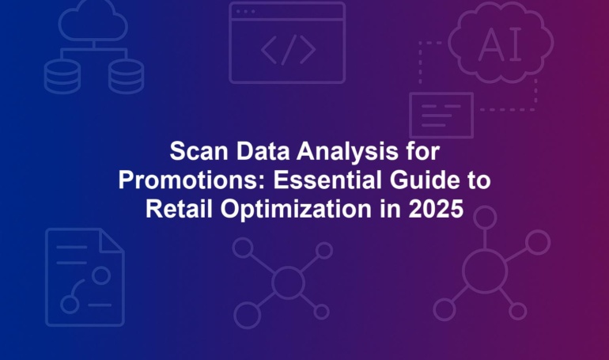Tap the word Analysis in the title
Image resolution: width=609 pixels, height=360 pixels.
347,152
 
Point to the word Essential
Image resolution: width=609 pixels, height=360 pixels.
327,180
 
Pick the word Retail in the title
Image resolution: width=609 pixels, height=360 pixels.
179,209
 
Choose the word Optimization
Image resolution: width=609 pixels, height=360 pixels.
296,210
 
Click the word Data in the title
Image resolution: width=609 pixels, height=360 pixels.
263,151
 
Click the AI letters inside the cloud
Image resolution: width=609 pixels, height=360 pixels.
500,44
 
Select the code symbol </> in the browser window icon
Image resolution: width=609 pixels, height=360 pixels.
288,49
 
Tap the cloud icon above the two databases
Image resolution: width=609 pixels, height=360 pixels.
93,21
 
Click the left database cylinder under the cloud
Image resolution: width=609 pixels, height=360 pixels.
62,77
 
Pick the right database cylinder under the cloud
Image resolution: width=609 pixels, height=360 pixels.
126,77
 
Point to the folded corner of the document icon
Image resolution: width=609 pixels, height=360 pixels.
112,241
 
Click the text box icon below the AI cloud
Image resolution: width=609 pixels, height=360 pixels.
441,116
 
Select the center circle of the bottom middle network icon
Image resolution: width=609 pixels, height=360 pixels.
288,282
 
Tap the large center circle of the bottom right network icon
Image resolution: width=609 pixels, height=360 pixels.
485,271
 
